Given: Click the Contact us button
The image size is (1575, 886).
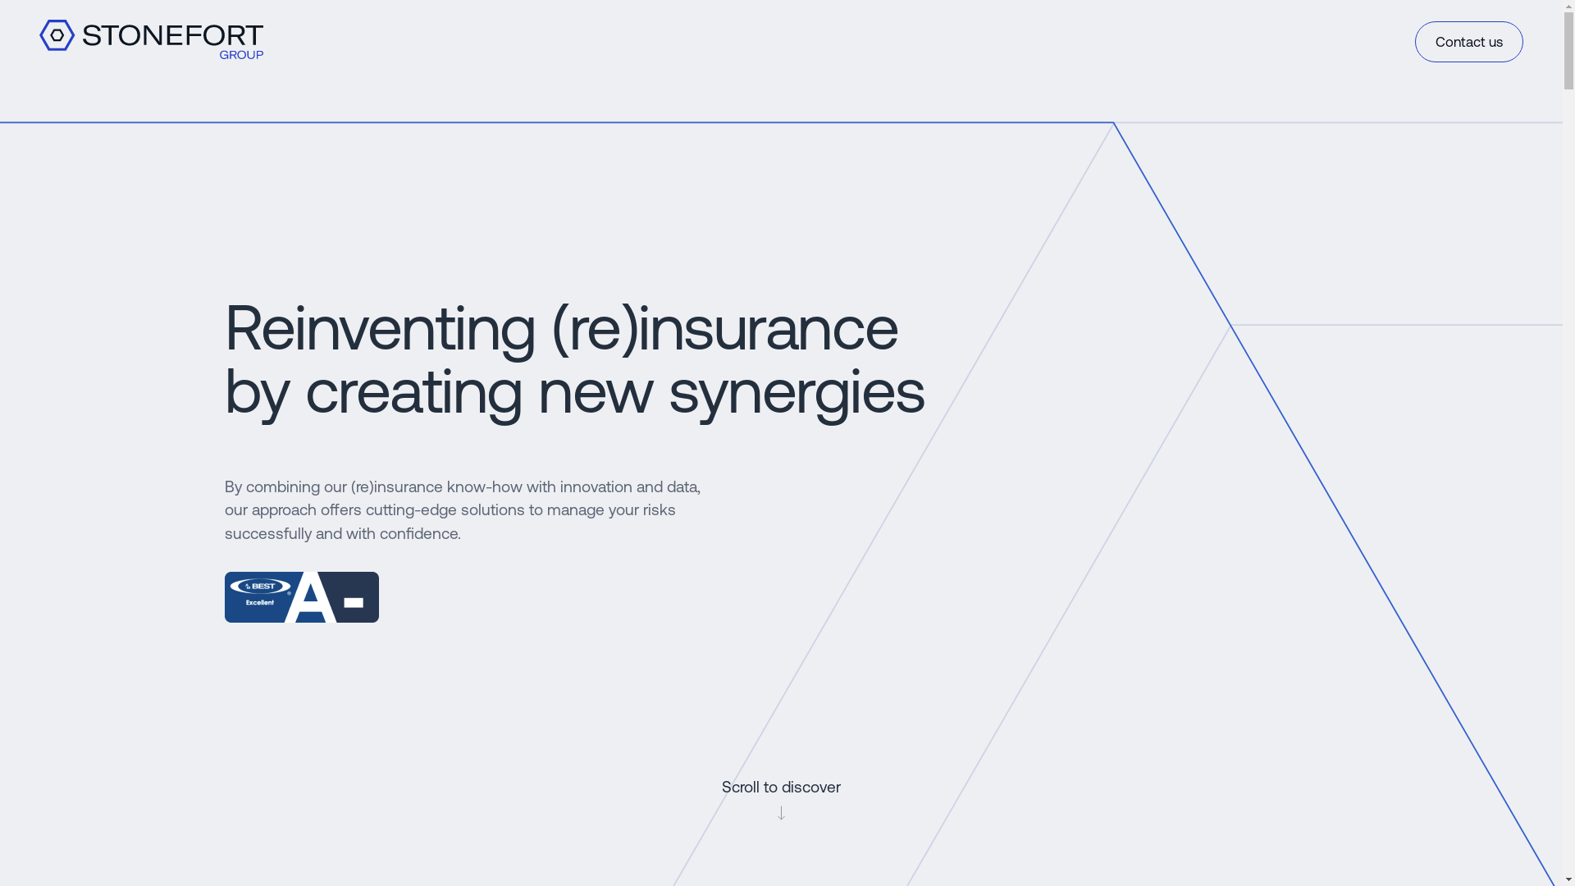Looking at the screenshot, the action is (x=1468, y=42).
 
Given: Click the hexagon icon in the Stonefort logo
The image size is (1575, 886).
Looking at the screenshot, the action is (x=57, y=35).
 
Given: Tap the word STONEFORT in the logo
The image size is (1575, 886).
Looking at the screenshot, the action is (x=172, y=35).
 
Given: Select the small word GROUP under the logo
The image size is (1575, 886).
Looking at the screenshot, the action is (x=241, y=55).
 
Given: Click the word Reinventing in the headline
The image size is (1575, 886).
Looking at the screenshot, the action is (x=380, y=328).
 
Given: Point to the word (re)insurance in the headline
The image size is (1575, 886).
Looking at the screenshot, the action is (x=725, y=328).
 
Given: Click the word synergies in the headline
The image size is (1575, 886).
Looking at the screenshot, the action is (x=797, y=391).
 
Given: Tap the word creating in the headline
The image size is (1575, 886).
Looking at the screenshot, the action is (x=413, y=391).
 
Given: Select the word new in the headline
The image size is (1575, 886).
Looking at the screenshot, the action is (x=596, y=392).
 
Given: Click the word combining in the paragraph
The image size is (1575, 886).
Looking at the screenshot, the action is (x=283, y=487).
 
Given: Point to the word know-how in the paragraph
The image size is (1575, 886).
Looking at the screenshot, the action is (x=484, y=486).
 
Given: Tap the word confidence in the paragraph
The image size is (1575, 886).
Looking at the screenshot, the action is (x=418, y=533).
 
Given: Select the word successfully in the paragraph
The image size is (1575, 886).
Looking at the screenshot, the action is (x=268, y=534).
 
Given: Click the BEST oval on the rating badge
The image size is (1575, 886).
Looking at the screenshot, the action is (x=261, y=587).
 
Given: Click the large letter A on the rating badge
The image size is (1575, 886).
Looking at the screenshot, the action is (x=310, y=597).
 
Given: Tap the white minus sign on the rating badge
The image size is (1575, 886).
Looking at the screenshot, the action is (x=354, y=603).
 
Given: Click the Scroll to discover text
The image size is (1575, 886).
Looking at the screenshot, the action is (x=781, y=788).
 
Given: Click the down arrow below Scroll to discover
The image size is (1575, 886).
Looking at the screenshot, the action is (x=781, y=812).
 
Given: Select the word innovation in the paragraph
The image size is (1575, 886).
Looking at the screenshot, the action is (x=596, y=486).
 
